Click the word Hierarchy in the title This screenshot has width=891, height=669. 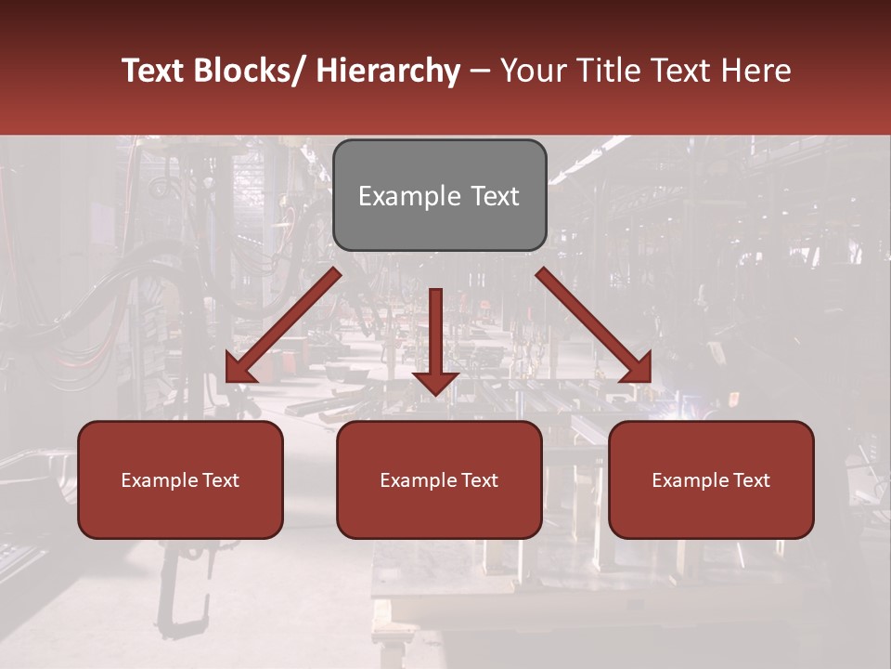click(387, 71)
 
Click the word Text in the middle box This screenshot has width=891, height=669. click(479, 480)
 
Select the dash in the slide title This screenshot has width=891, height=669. click(480, 71)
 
